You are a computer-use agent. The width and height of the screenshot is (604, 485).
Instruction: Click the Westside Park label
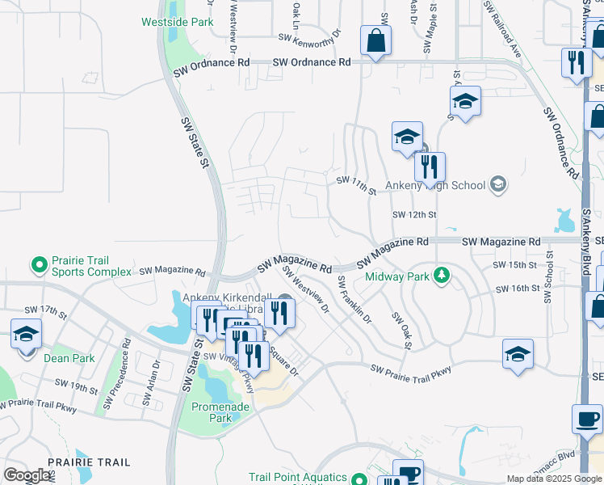pyautogui.click(x=177, y=22)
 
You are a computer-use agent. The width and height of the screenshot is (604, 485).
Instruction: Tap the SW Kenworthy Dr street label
pyautogui.click(x=310, y=37)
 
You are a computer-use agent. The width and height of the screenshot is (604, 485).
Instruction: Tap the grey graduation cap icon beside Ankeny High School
pyautogui.click(x=498, y=185)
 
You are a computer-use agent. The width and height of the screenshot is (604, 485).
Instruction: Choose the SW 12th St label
pyautogui.click(x=414, y=215)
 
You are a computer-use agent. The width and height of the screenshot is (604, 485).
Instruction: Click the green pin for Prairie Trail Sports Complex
pyautogui.click(x=38, y=264)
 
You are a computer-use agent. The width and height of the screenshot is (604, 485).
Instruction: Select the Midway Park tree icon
pyautogui.click(x=441, y=276)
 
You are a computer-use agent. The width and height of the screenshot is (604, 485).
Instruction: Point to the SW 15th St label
pyautogui.click(x=516, y=265)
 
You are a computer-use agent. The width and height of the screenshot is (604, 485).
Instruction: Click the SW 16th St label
pyautogui.click(x=517, y=289)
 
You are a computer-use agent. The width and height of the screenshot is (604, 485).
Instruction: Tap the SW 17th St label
pyautogui.click(x=45, y=310)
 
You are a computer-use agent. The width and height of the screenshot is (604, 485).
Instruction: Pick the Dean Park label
pyautogui.click(x=69, y=358)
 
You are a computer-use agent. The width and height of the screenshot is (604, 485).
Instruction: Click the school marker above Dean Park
pyautogui.click(x=26, y=332)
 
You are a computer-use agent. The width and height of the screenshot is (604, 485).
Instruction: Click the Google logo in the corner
pyautogui.click(x=27, y=475)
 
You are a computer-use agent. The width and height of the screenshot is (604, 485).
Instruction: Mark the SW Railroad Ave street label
pyautogui.click(x=502, y=29)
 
